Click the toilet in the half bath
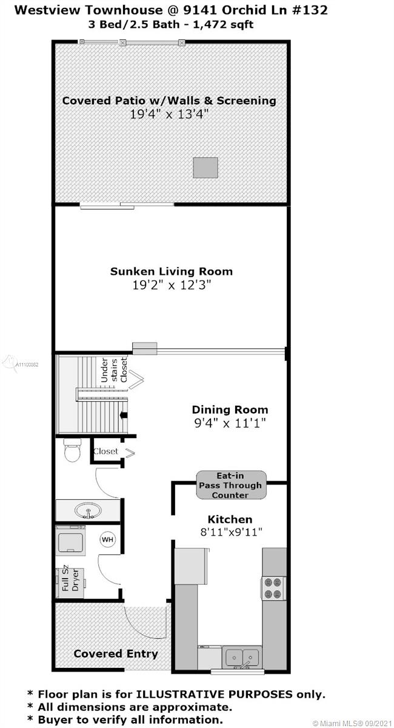coord(72,450)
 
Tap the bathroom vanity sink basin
coord(88,511)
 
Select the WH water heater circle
coord(107,539)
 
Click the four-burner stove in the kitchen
coord(273,588)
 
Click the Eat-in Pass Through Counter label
coord(230,485)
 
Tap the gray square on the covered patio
coord(205,167)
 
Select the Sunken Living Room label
coord(172,271)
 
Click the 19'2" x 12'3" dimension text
coord(172,285)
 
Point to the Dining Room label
coord(230,409)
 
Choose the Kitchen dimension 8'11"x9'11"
coord(232,532)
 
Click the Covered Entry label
coord(116,653)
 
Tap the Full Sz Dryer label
coord(70,579)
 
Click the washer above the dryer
coord(70,540)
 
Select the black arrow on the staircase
coord(124,415)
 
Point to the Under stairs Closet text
coord(114,370)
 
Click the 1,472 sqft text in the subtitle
coord(223,25)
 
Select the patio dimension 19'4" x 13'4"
coord(169,114)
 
